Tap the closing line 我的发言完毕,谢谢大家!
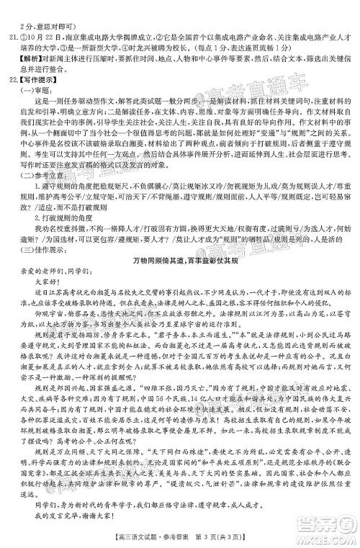75,518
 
